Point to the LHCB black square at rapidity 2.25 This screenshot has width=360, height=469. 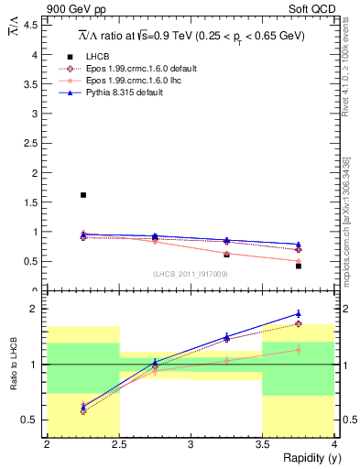pos(83,195)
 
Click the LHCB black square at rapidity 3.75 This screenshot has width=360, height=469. pos(299,266)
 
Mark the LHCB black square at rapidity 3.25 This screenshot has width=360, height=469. pos(227,254)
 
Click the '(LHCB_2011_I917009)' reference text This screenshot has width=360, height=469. pos(190,274)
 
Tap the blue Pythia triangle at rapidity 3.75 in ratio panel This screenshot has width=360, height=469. pos(299,313)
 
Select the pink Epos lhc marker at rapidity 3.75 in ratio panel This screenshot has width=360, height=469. pos(299,349)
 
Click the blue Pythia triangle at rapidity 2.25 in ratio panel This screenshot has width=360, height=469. pos(83,405)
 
